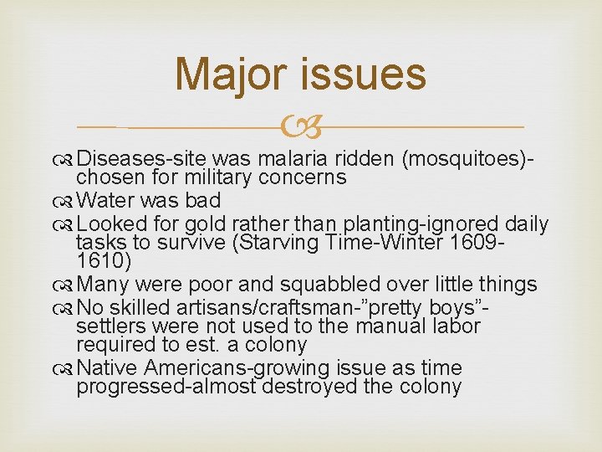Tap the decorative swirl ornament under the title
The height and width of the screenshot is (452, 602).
(x=301, y=128)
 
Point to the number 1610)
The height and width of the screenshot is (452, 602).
(x=105, y=260)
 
